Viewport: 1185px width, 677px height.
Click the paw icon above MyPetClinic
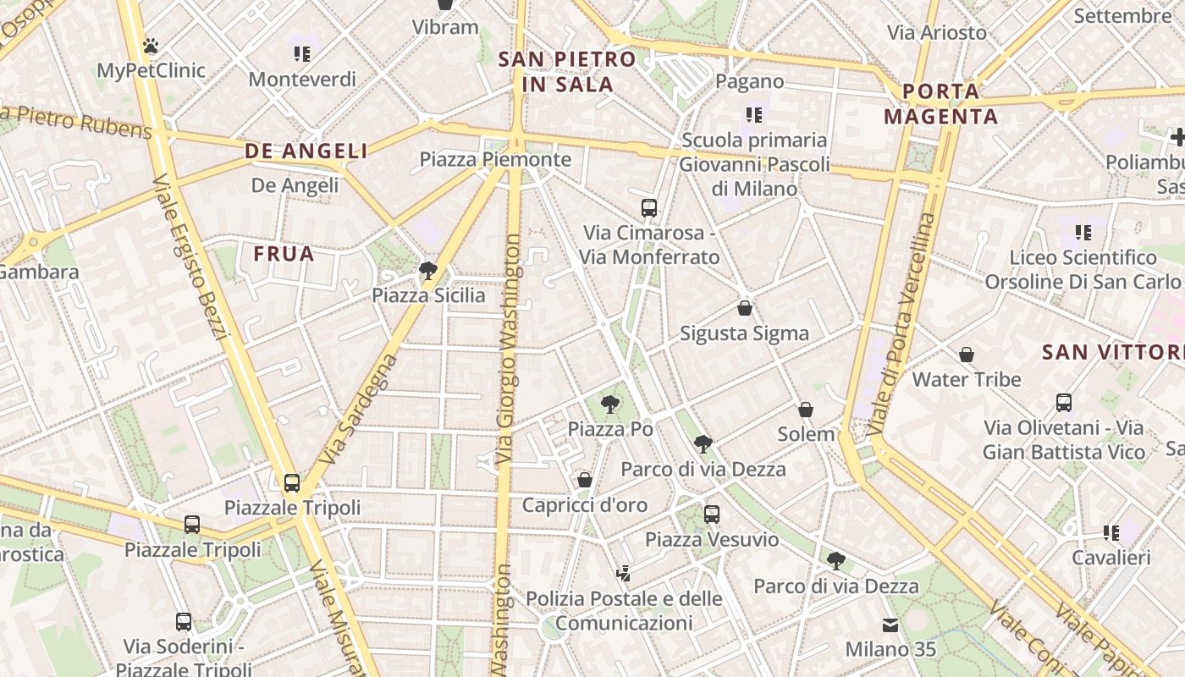point(151,46)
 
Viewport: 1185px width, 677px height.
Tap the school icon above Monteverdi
point(302,54)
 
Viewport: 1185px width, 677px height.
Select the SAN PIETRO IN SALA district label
point(567,72)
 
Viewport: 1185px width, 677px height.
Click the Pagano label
point(749,81)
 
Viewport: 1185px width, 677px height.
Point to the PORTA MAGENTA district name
point(941,103)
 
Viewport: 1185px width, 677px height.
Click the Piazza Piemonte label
point(495,159)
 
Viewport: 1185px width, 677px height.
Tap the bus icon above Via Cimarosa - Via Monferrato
point(649,207)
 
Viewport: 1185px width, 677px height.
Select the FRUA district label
point(284,254)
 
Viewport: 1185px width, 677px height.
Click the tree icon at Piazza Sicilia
point(428,271)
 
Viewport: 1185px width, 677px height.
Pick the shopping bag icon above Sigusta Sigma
point(745,308)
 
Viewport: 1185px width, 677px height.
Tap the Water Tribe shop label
point(967,379)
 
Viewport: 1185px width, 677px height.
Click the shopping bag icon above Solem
point(806,410)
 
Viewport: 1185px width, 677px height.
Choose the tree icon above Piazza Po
point(609,405)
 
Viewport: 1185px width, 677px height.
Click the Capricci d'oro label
point(584,505)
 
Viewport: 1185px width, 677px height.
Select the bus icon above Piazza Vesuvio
point(711,514)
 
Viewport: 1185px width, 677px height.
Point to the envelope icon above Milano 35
point(890,625)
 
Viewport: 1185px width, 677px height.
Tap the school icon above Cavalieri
point(1111,533)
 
